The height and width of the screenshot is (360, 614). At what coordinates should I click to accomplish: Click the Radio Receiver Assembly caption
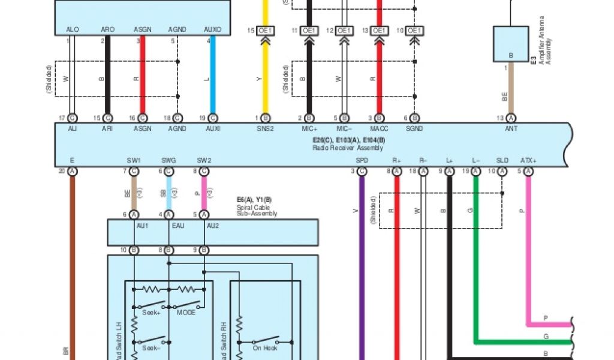[x=348, y=148]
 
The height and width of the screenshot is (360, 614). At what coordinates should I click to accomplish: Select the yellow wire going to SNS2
[x=266, y=72]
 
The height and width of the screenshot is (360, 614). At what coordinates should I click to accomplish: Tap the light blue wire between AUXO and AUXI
[x=212, y=78]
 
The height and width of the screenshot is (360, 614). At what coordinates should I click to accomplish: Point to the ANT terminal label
[x=511, y=128]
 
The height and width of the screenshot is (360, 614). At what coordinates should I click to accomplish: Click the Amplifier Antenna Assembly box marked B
[x=511, y=44]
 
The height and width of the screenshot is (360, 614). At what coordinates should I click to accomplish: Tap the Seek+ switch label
[x=151, y=313]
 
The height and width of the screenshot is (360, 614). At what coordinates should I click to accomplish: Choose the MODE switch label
[x=186, y=313]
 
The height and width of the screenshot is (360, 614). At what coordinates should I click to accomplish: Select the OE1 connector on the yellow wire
[x=266, y=30]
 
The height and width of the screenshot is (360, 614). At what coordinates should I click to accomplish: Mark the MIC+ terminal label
[x=309, y=128]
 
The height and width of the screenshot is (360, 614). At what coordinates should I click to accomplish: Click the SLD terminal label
[x=502, y=160]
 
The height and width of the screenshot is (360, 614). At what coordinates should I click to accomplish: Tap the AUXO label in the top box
[x=212, y=29]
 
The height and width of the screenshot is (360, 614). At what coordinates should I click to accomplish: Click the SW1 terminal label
[x=134, y=160]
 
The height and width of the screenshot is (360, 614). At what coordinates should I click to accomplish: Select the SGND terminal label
[x=414, y=128]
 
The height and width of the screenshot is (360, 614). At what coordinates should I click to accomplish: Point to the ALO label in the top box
[x=73, y=29]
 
